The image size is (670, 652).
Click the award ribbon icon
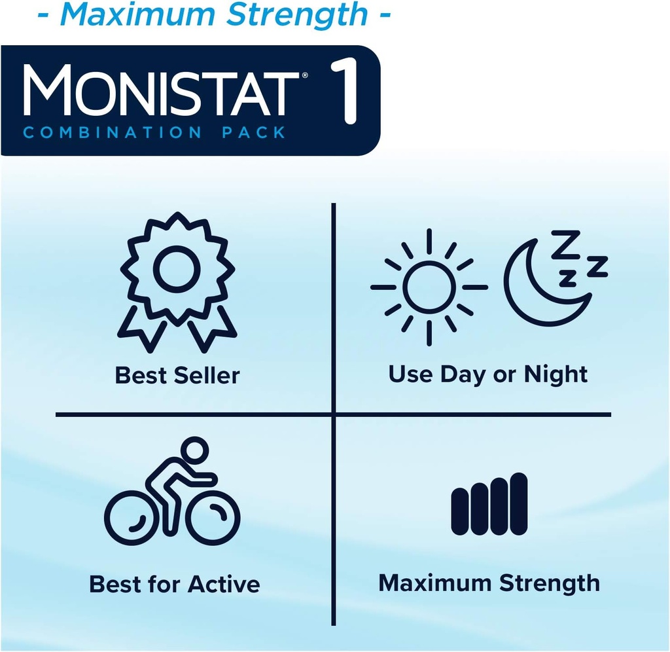[x=177, y=281]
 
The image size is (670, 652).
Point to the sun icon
[x=429, y=287]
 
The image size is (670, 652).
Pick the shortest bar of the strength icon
[x=460, y=510]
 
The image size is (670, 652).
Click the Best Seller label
[x=177, y=376]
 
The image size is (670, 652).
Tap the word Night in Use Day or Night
[x=555, y=374]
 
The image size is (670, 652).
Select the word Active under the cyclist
[x=224, y=584]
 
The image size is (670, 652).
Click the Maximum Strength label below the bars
[x=489, y=583]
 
